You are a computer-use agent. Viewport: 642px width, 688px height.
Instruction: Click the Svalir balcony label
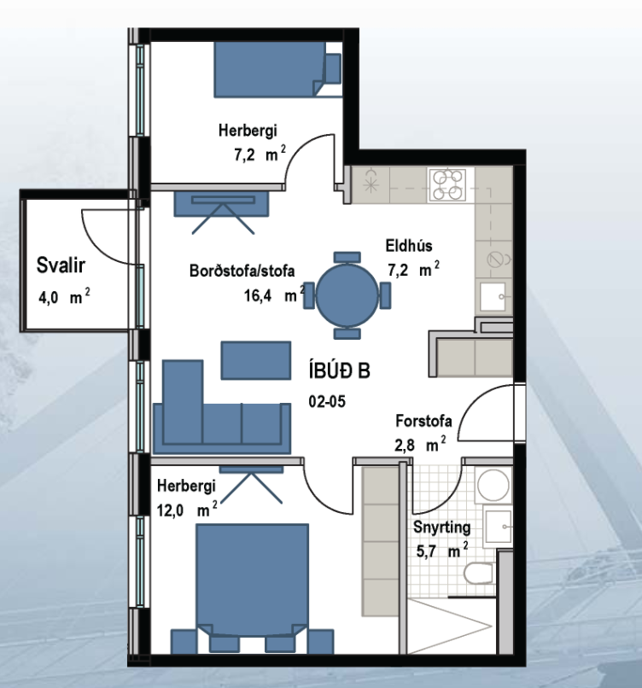click(61, 265)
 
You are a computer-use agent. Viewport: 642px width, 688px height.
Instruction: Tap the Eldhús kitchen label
click(409, 246)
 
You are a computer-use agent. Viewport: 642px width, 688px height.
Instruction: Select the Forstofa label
click(423, 421)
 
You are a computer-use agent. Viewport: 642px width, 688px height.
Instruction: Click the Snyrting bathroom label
click(441, 528)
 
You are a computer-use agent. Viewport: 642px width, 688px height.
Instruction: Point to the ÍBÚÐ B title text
click(339, 371)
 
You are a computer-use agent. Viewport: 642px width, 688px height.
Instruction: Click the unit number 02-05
click(327, 401)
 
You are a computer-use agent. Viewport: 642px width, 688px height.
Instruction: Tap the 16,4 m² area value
click(275, 294)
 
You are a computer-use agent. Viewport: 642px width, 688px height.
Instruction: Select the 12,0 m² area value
click(187, 510)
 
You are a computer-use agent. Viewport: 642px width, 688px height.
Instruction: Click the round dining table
click(347, 294)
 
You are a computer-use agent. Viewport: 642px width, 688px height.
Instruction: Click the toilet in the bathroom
click(478, 573)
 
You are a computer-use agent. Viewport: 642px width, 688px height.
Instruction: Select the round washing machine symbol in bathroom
click(493, 486)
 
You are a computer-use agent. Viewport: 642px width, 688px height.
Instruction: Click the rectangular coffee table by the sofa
click(256, 360)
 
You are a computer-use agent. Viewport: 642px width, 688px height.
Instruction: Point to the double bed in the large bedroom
click(253, 580)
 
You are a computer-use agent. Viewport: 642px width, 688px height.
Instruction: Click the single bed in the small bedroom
click(277, 69)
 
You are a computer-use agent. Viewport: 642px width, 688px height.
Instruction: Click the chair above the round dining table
click(347, 257)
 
